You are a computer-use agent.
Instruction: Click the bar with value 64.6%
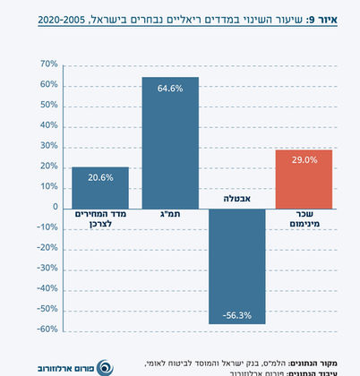pos(170,143)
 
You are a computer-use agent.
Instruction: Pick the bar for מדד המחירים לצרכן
pos(100,188)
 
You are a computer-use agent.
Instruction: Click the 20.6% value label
pos(100,177)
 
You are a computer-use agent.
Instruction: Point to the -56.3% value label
pos(238,314)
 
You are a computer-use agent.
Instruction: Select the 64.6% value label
pos(170,88)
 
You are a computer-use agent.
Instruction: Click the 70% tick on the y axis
pos(47,65)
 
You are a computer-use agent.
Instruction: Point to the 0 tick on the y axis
pos(54,208)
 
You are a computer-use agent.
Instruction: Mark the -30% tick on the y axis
pos(46,269)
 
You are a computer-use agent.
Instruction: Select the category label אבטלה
pos(238,198)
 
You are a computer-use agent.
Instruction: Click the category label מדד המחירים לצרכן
pos(100,221)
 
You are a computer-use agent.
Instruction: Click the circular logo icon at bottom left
pos(104,366)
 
